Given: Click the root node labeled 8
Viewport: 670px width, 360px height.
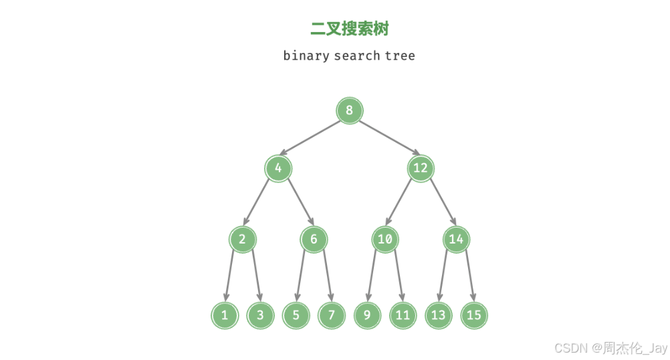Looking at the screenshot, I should click(349, 110).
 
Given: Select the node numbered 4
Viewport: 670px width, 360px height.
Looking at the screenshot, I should click(278, 168).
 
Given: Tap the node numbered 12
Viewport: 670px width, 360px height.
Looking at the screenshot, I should click(420, 168).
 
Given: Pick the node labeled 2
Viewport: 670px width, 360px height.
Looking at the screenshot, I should click(242, 240).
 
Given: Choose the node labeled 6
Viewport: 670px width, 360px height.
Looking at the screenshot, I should click(314, 240).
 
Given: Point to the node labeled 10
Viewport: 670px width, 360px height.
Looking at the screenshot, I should click(384, 240).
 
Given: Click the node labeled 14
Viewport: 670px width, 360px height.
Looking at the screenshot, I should click(456, 240).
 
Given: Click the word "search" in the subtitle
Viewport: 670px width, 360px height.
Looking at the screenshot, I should click(357, 56).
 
